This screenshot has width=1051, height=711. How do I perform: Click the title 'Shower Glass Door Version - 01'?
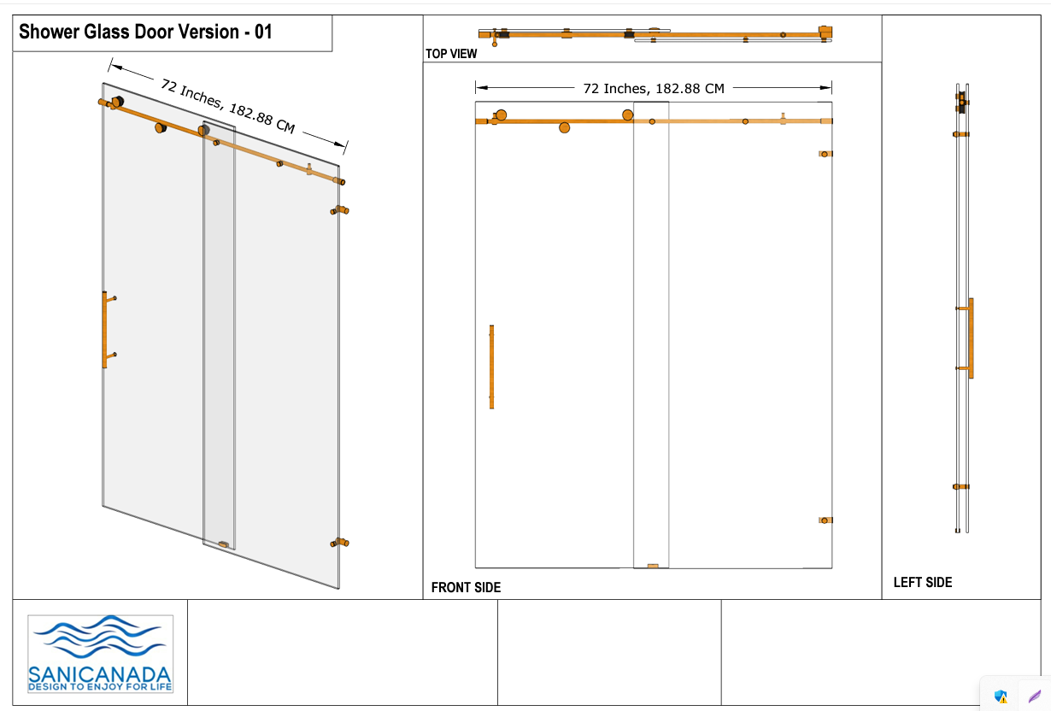(145, 32)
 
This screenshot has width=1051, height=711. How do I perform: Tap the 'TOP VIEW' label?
(451, 54)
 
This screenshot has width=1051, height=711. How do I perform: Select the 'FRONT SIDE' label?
(466, 588)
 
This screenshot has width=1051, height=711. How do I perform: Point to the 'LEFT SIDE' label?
(923, 583)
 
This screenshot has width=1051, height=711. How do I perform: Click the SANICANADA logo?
(101, 654)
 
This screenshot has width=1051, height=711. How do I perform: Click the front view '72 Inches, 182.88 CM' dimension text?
(654, 88)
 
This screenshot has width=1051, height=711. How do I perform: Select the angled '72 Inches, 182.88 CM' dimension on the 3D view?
(228, 106)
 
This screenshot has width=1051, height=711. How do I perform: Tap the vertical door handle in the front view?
(491, 367)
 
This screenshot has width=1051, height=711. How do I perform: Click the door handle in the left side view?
(971, 338)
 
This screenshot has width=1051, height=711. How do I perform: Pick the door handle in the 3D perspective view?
(104, 330)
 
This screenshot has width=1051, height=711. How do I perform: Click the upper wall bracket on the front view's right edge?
(825, 154)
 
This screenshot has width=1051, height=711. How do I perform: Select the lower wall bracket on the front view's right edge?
(825, 520)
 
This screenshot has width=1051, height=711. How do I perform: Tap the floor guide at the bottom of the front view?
(653, 566)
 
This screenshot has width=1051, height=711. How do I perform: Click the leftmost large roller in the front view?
(501, 115)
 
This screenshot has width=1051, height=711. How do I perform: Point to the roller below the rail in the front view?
(565, 127)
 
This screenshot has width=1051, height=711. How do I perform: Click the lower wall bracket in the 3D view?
(340, 543)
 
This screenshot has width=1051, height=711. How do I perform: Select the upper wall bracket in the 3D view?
(340, 210)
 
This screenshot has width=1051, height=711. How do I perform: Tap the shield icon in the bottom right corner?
(1001, 696)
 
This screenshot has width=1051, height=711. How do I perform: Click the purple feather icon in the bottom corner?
(1035, 696)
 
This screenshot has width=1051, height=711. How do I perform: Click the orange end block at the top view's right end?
(825, 32)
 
